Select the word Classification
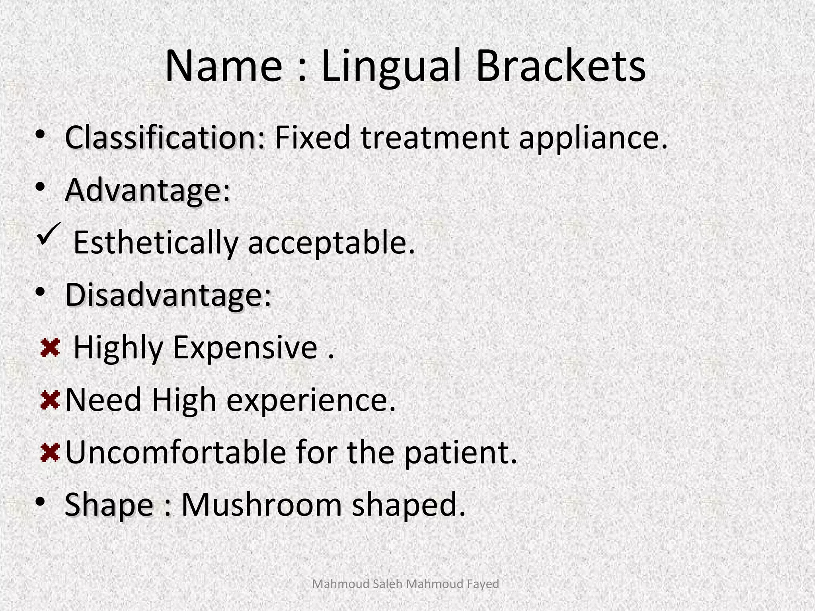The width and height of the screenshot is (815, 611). (x=165, y=138)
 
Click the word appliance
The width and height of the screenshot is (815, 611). (x=593, y=138)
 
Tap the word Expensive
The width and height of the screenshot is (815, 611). (x=245, y=348)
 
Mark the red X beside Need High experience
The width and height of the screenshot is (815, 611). (x=50, y=400)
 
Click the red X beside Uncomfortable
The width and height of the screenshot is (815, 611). (x=50, y=453)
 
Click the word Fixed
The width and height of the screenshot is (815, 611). (x=312, y=138)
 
